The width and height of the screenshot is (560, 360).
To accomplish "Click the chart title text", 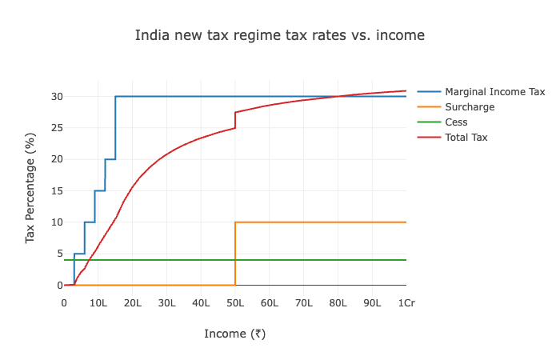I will [279, 35].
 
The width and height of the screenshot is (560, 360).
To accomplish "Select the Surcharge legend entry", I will [470, 106].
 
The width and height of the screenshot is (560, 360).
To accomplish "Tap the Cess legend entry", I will [456, 122].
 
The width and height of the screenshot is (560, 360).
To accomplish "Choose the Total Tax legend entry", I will [466, 138].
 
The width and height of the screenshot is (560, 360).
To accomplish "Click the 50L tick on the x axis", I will [235, 302].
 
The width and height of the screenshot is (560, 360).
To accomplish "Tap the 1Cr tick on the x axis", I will [406, 302].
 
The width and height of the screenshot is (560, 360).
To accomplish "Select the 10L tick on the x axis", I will [98, 302].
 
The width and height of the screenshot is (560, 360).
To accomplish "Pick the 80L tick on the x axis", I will [338, 302].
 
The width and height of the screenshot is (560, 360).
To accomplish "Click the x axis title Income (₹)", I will [234, 334].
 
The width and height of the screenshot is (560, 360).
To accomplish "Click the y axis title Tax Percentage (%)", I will [30, 190].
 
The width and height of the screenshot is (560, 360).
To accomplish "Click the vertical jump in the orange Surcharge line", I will [235, 254].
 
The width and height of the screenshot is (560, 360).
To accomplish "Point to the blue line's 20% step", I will [110, 159].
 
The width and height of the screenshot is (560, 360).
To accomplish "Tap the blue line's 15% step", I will [100, 190].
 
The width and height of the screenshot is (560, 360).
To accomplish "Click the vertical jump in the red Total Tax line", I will [235, 120].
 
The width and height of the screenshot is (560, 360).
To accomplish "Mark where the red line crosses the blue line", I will [338, 96].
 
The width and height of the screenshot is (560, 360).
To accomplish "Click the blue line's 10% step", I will [90, 222].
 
